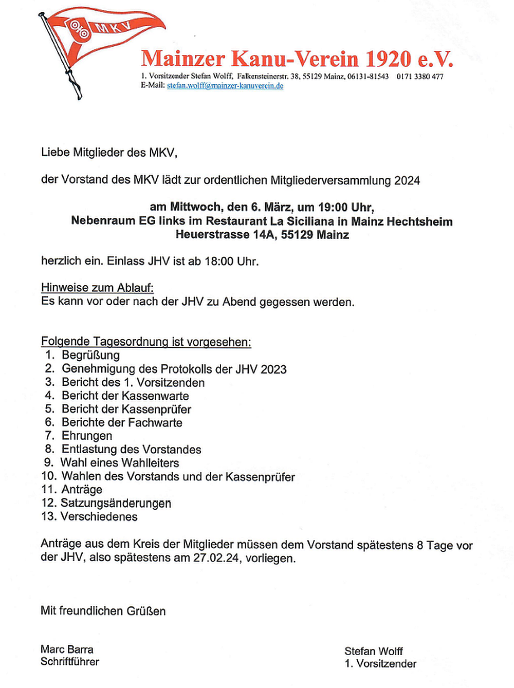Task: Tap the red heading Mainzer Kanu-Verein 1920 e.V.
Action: coord(297,59)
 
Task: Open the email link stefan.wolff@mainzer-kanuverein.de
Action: coord(225,86)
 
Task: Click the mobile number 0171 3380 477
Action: coord(419,77)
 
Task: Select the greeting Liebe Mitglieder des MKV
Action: coord(109,153)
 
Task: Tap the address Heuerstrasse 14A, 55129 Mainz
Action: coord(262,235)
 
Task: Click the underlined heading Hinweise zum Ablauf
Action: coord(97,288)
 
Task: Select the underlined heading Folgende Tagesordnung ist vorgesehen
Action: coord(146,342)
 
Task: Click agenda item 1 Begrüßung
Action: coord(90,356)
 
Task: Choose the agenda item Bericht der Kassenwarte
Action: coord(125,396)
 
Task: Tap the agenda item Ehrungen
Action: coord(87,436)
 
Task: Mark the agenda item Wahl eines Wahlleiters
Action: coord(120,463)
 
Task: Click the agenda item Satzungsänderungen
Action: coord(116,503)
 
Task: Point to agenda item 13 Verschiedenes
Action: coord(99,517)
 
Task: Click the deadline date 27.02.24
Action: coord(216,558)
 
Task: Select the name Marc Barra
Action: coord(67,649)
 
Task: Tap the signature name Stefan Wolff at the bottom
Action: coord(373,652)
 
